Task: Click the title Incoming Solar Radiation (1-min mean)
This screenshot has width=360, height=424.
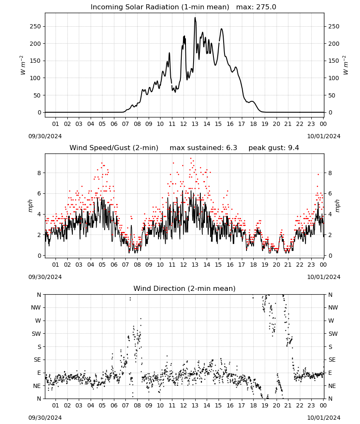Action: [160, 7]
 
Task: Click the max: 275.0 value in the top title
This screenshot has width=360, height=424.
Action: [256, 7]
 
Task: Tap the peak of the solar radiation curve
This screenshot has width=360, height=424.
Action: [195, 17]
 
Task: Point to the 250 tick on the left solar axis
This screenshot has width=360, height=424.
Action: [36, 26]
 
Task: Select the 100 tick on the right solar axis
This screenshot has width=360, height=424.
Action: [334, 78]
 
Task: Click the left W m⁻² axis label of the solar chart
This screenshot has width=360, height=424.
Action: [23, 65]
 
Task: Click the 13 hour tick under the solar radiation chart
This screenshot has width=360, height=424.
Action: [195, 124]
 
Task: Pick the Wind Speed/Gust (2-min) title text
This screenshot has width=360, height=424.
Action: [114, 148]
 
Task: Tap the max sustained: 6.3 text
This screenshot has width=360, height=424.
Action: [203, 148]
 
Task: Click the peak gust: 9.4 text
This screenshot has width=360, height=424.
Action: [274, 148]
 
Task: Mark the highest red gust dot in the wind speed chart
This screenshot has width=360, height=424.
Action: [191, 159]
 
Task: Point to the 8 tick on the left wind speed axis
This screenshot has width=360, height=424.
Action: [39, 173]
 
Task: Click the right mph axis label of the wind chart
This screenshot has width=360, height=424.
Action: [338, 206]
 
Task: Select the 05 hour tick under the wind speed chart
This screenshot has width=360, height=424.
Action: [102, 265]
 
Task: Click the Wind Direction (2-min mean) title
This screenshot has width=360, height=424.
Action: [185, 288]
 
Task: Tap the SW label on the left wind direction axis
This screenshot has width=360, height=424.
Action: [36, 334]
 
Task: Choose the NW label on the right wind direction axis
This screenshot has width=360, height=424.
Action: [333, 308]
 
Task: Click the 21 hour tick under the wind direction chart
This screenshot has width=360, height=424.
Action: [288, 405]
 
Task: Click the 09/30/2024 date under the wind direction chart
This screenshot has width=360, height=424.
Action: [45, 418]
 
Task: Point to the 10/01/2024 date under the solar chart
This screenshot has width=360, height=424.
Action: [324, 136]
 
